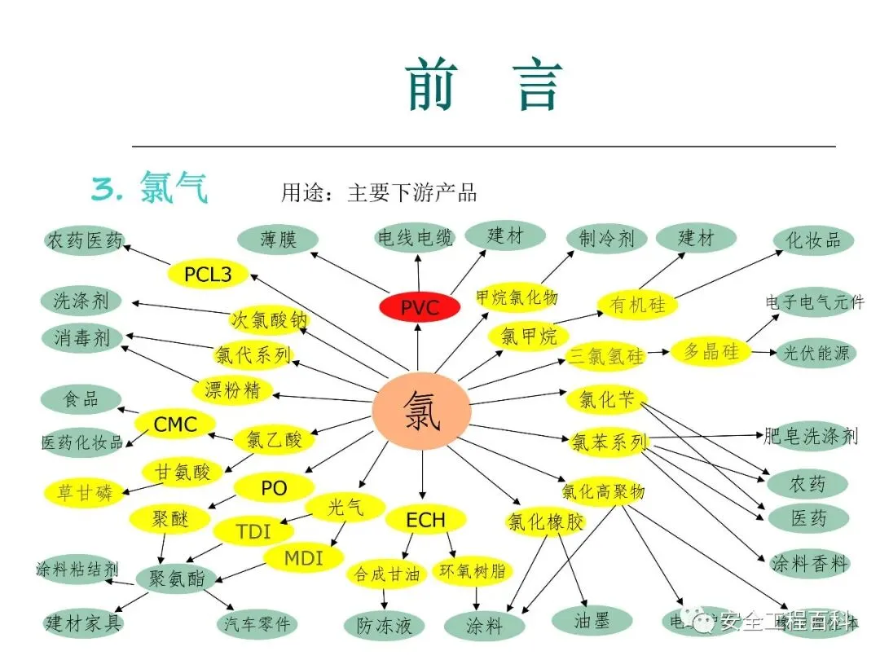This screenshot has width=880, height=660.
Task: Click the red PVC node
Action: pos(420,307)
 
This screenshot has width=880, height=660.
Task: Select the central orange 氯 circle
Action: pos(421,411)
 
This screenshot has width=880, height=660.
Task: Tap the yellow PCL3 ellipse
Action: pos(208,275)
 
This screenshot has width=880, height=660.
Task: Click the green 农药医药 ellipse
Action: pos(85,240)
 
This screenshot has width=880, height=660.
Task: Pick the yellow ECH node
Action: pos(425,520)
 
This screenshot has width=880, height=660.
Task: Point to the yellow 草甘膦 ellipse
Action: pos(85,492)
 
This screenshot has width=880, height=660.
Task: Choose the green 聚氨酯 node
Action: pos(176,579)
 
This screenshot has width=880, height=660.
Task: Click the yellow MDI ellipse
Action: pos(303,558)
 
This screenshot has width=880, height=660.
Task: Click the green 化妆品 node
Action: pos(812,240)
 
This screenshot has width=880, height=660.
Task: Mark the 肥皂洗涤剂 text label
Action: pos(811,436)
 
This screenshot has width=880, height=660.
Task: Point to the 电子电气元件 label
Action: pos(814,302)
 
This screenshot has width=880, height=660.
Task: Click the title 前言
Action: pos(484,85)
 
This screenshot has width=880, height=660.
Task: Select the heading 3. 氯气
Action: pos(150,188)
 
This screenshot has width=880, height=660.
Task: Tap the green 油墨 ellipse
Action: pos(592,621)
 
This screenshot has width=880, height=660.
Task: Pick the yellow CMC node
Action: pos(174,424)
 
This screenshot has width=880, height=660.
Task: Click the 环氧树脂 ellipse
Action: pos(473,570)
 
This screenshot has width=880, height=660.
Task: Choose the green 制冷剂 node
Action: pos(606,239)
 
